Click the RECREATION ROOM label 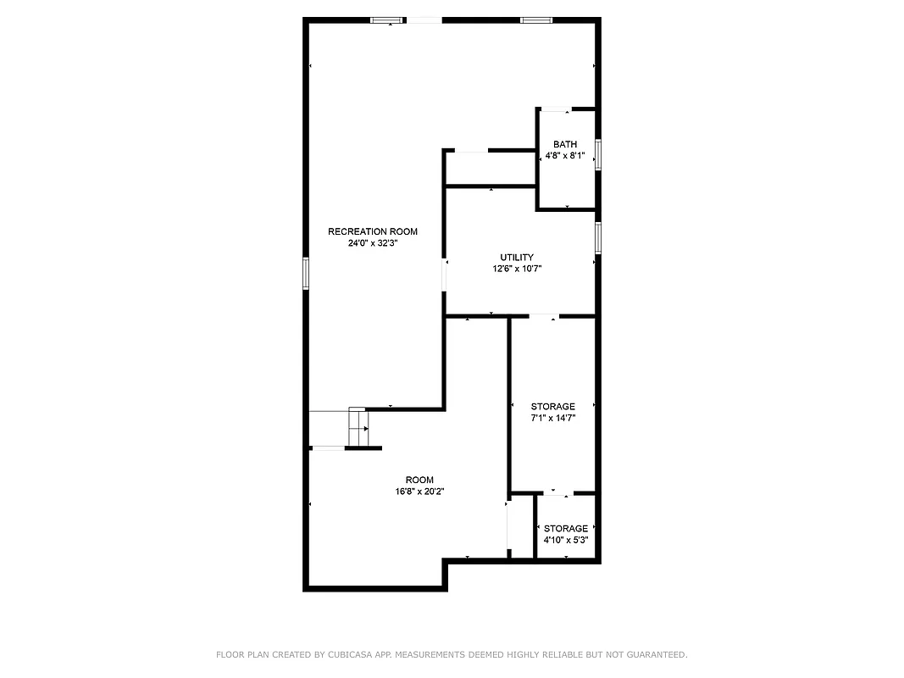(373, 231)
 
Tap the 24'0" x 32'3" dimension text (373, 243)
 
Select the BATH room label (565, 144)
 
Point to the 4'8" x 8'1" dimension (565, 156)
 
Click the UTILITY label (517, 257)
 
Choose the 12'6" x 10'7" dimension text (517, 269)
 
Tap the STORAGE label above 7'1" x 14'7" (552, 407)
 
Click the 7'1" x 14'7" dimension (552, 419)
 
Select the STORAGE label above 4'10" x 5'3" (566, 529)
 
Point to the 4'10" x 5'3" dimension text (566, 540)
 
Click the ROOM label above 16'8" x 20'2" (419, 480)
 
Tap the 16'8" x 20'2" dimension (419, 492)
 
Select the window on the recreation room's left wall (306, 274)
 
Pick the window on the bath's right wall (598, 154)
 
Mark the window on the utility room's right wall (598, 237)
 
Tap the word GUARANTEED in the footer (653, 654)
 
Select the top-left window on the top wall (386, 19)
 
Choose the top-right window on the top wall (536, 19)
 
